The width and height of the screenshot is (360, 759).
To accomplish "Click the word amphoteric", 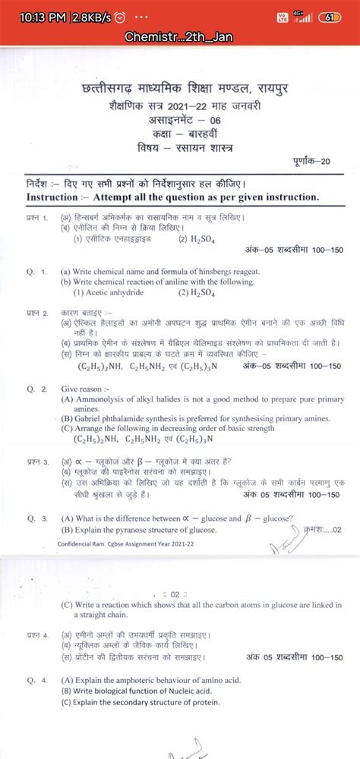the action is coord(150,680).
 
